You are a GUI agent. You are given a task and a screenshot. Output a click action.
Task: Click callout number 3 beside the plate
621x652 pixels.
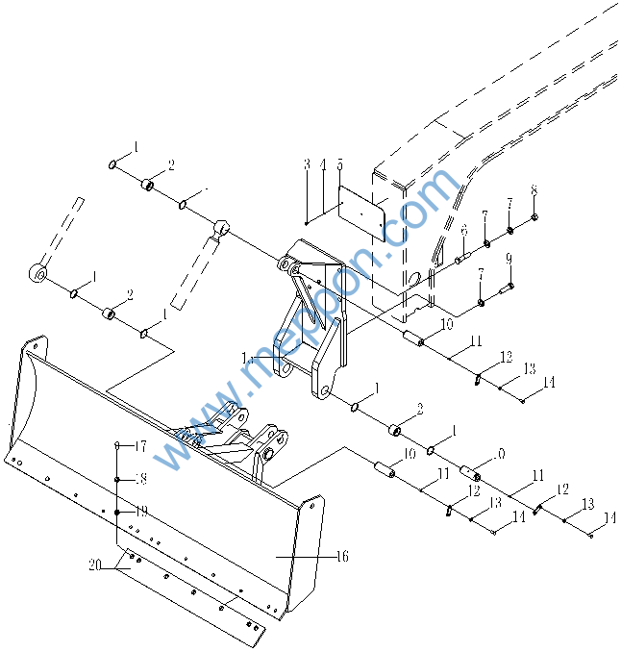[307, 164]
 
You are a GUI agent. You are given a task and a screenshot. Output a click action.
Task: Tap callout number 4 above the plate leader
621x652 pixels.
[323, 164]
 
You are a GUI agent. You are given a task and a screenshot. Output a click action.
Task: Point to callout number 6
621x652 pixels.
[462, 230]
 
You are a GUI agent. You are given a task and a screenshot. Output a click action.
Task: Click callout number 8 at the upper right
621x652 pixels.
[534, 190]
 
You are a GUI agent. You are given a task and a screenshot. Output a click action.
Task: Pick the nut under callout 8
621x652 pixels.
[534, 216]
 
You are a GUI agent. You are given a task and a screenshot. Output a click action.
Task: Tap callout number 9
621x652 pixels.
[509, 259]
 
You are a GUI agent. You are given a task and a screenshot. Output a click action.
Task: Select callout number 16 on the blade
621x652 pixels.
[342, 556]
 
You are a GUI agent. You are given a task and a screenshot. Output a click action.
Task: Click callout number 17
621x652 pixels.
[140, 446]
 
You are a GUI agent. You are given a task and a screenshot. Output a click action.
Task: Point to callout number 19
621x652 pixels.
[140, 511]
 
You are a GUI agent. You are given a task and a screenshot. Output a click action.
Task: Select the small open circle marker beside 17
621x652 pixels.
[116, 445]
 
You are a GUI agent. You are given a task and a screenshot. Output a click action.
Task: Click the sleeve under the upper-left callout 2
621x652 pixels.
[149, 185]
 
